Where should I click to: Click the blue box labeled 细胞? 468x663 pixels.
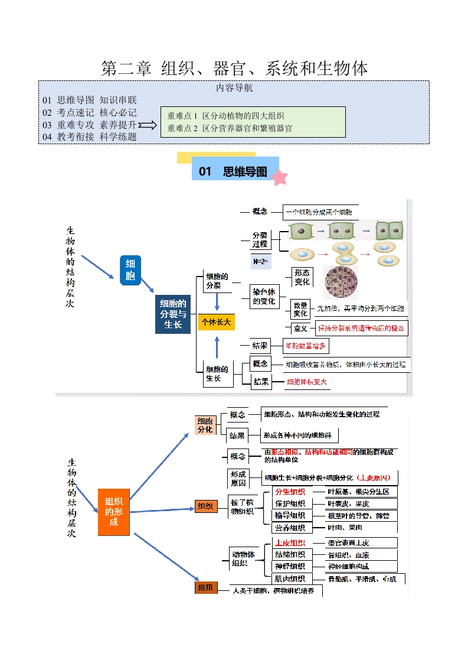pyautogui.click(x=130, y=271)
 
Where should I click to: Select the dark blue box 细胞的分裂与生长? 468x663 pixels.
pyautogui.click(x=173, y=314)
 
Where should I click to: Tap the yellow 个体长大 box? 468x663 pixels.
pyautogui.click(x=217, y=322)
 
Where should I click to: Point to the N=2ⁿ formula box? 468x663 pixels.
pyautogui.click(x=260, y=261)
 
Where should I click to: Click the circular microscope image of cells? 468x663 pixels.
pyautogui.click(x=341, y=282)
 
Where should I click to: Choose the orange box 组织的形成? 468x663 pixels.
pyautogui.click(x=113, y=512)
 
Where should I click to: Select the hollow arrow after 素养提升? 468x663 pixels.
pyautogui.click(x=148, y=125)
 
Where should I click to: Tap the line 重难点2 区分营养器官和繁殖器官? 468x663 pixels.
pyautogui.click(x=230, y=128)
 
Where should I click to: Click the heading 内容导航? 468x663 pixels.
pyautogui.click(x=234, y=89)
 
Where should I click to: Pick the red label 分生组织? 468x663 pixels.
pyautogui.click(x=290, y=492)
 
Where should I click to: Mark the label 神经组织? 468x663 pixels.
pyautogui.click(x=290, y=567)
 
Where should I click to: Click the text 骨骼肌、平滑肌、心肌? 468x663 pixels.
pyautogui.click(x=362, y=579)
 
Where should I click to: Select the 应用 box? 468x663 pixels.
pyautogui.click(x=205, y=588)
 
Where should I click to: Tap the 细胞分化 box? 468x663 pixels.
pyautogui.click(x=205, y=425)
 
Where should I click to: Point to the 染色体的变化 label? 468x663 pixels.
pyautogui.click(x=264, y=297)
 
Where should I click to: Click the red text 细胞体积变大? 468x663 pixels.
pyautogui.click(x=307, y=382)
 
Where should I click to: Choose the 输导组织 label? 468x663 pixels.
pyautogui.click(x=290, y=516)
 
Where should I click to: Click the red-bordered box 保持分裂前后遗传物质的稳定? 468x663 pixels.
pyautogui.click(x=361, y=329)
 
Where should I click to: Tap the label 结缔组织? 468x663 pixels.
pyautogui.click(x=290, y=555)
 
